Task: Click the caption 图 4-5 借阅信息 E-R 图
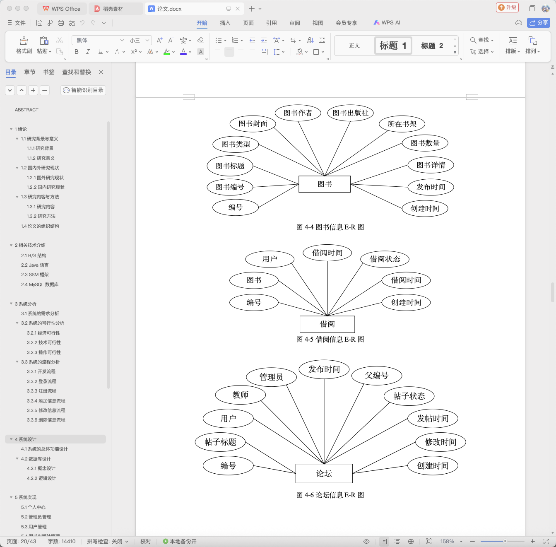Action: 330,340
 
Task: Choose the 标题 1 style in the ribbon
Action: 393,46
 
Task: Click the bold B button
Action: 77,52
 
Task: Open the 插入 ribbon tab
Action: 225,23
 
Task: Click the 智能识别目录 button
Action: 83,90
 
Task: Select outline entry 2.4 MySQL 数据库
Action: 40,284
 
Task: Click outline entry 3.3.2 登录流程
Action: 41,381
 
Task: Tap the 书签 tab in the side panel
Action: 49,72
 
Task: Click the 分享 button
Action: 539,23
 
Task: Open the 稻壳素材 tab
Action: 113,9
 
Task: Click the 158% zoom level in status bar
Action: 447,541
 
